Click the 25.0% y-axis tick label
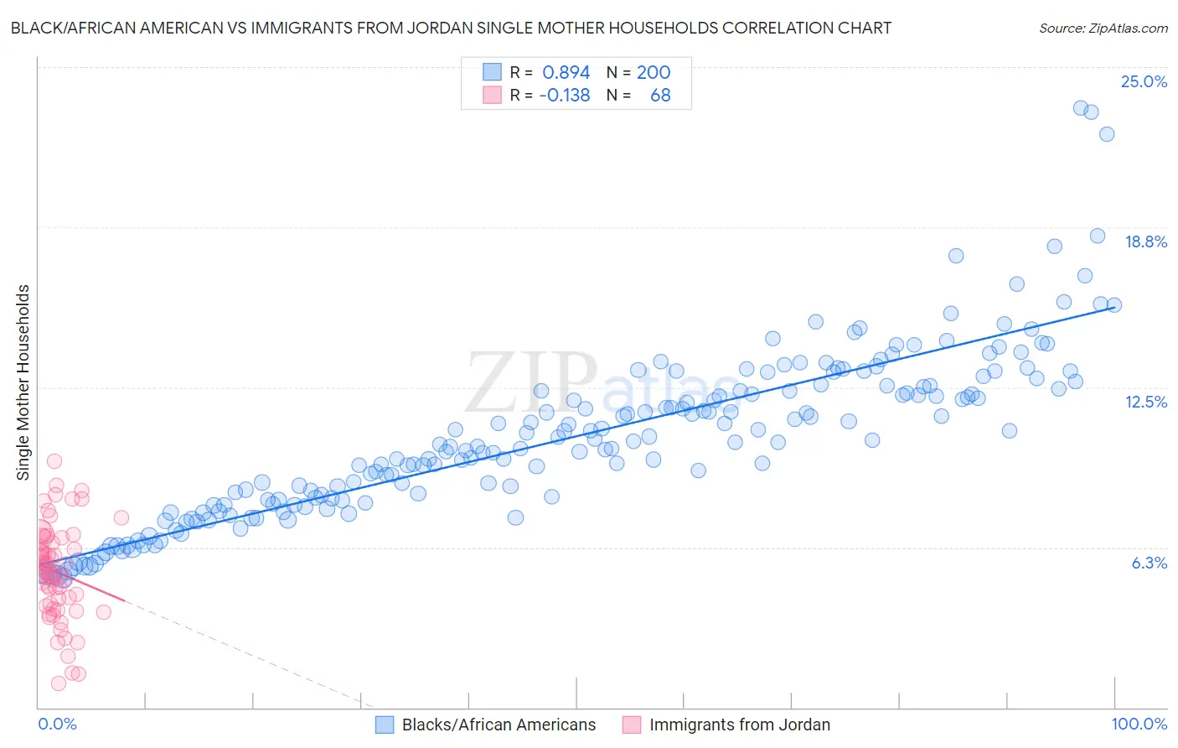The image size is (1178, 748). [x=1144, y=81]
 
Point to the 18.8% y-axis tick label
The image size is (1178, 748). [x=1145, y=242]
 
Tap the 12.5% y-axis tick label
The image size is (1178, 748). [x=1145, y=402]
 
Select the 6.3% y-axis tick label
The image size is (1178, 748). [x=1149, y=563]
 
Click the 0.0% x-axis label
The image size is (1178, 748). [x=57, y=724]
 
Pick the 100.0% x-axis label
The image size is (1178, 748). [x=1139, y=724]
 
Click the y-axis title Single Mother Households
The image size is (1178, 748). [x=23, y=382]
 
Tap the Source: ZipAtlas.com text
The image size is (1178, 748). [x=1103, y=28]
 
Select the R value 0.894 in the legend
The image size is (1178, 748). [x=566, y=72]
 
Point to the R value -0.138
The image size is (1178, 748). [x=565, y=95]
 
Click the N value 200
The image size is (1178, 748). [x=654, y=72]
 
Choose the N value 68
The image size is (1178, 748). [x=660, y=95]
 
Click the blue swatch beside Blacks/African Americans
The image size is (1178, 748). [x=385, y=725]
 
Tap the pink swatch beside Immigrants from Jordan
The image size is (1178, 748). [x=632, y=725]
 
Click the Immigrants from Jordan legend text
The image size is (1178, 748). [x=739, y=725]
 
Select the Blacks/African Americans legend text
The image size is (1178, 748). [x=499, y=725]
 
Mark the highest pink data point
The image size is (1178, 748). [x=54, y=460]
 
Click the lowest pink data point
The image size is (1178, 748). [x=59, y=683]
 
